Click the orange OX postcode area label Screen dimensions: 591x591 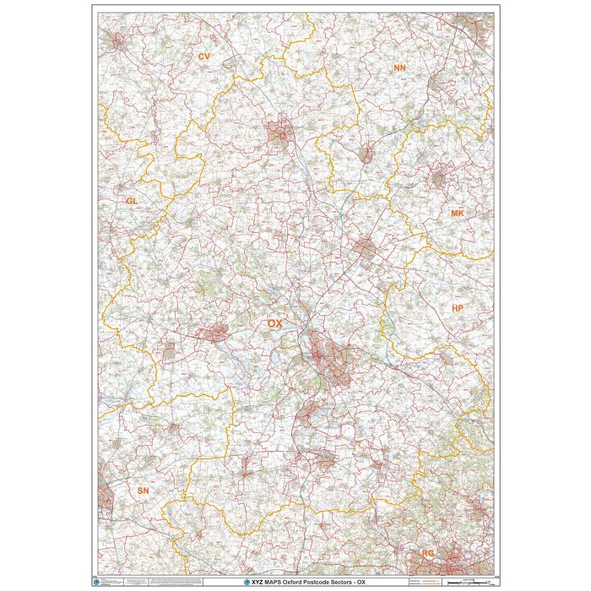point(274,324)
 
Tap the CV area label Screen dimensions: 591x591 point(203,57)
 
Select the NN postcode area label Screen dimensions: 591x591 point(399,66)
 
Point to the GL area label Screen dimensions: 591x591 point(131,201)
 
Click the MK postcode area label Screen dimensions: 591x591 point(457,214)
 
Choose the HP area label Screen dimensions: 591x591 point(457,309)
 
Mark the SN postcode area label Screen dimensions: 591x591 point(143,490)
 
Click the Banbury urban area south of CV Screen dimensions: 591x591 point(279,132)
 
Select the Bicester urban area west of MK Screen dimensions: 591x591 point(365,248)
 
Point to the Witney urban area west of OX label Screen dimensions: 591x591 point(214,333)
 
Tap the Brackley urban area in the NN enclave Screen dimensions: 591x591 point(366,155)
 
